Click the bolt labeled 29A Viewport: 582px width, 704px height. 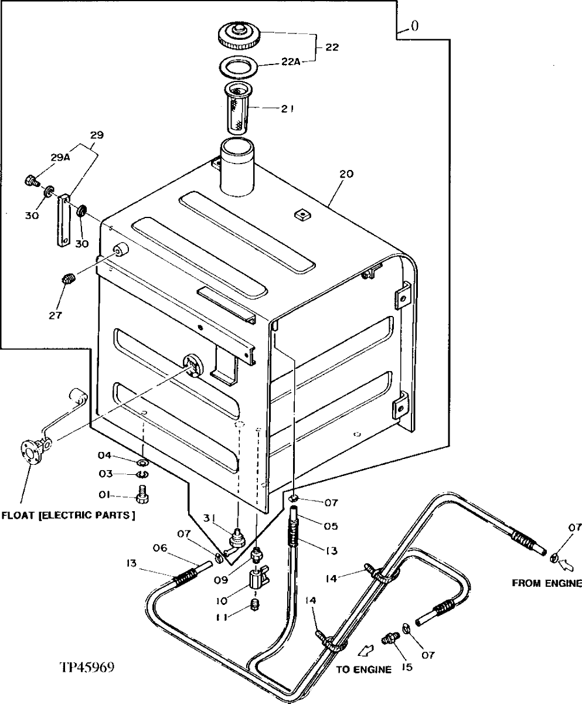click(31, 181)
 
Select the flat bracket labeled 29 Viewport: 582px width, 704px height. click(63, 222)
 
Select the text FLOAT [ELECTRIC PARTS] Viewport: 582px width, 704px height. click(68, 516)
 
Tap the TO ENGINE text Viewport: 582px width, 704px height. click(364, 669)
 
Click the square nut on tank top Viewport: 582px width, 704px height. click(301, 215)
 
